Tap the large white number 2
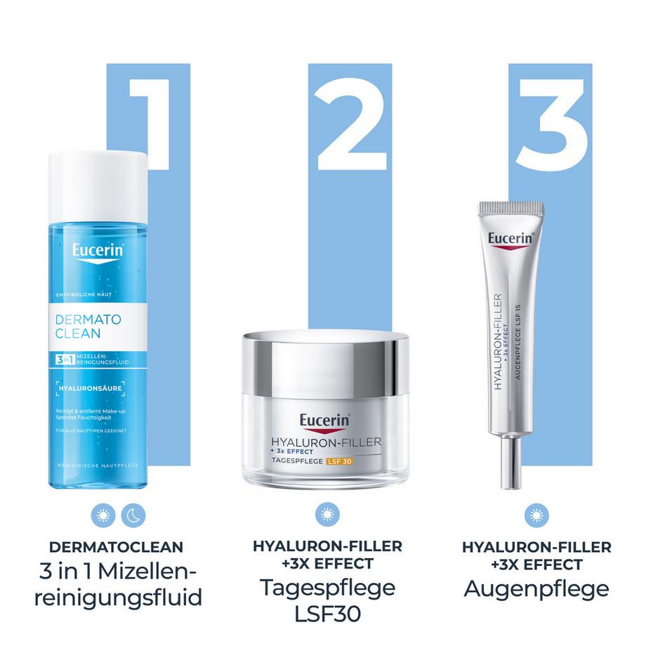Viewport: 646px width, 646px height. coord(350,123)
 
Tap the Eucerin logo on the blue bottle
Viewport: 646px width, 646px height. coord(98,251)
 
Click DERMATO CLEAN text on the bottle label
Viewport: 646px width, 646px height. coord(87,326)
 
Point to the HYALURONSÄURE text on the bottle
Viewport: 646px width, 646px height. coord(91,387)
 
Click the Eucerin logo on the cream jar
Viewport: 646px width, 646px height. coord(325,420)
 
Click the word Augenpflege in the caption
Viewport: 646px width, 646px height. coord(536,588)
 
